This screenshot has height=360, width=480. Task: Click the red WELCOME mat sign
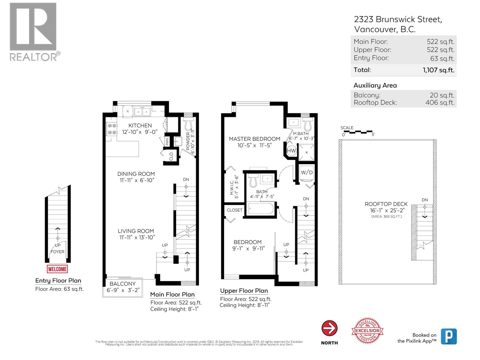[x=57, y=269]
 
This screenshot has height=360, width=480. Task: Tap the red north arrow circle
[x=329, y=328]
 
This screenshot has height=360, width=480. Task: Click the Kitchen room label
[x=140, y=125]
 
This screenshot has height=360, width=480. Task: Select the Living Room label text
[x=136, y=231]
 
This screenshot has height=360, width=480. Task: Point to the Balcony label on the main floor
[x=122, y=284]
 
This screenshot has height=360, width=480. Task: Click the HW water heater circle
[x=292, y=151]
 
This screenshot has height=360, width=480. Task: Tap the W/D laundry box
[x=307, y=172]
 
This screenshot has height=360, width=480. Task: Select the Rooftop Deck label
[x=386, y=204]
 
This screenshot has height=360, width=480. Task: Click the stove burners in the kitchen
[x=112, y=129]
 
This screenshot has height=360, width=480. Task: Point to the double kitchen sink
[x=142, y=112]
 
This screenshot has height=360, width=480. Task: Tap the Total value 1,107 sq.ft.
[x=439, y=70]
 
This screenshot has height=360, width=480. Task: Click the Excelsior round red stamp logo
[x=367, y=331]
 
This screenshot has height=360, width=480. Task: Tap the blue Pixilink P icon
[x=448, y=336]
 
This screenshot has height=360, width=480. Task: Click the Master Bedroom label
[x=254, y=139]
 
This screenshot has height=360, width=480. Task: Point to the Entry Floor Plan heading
[x=58, y=280]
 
